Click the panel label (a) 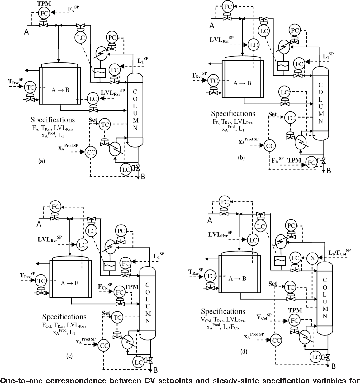(41, 161)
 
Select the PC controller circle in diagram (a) (112, 38)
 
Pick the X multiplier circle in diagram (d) (313, 258)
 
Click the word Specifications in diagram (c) (64, 317)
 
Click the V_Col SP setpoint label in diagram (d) (264, 317)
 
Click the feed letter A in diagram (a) (26, 31)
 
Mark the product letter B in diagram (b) (328, 170)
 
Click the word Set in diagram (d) (273, 284)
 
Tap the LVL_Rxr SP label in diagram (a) (113, 92)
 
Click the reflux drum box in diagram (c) (109, 266)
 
